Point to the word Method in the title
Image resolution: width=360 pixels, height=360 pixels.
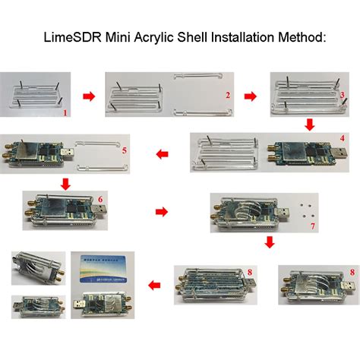(x=298, y=36)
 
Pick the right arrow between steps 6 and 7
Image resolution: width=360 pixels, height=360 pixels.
(x=161, y=210)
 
